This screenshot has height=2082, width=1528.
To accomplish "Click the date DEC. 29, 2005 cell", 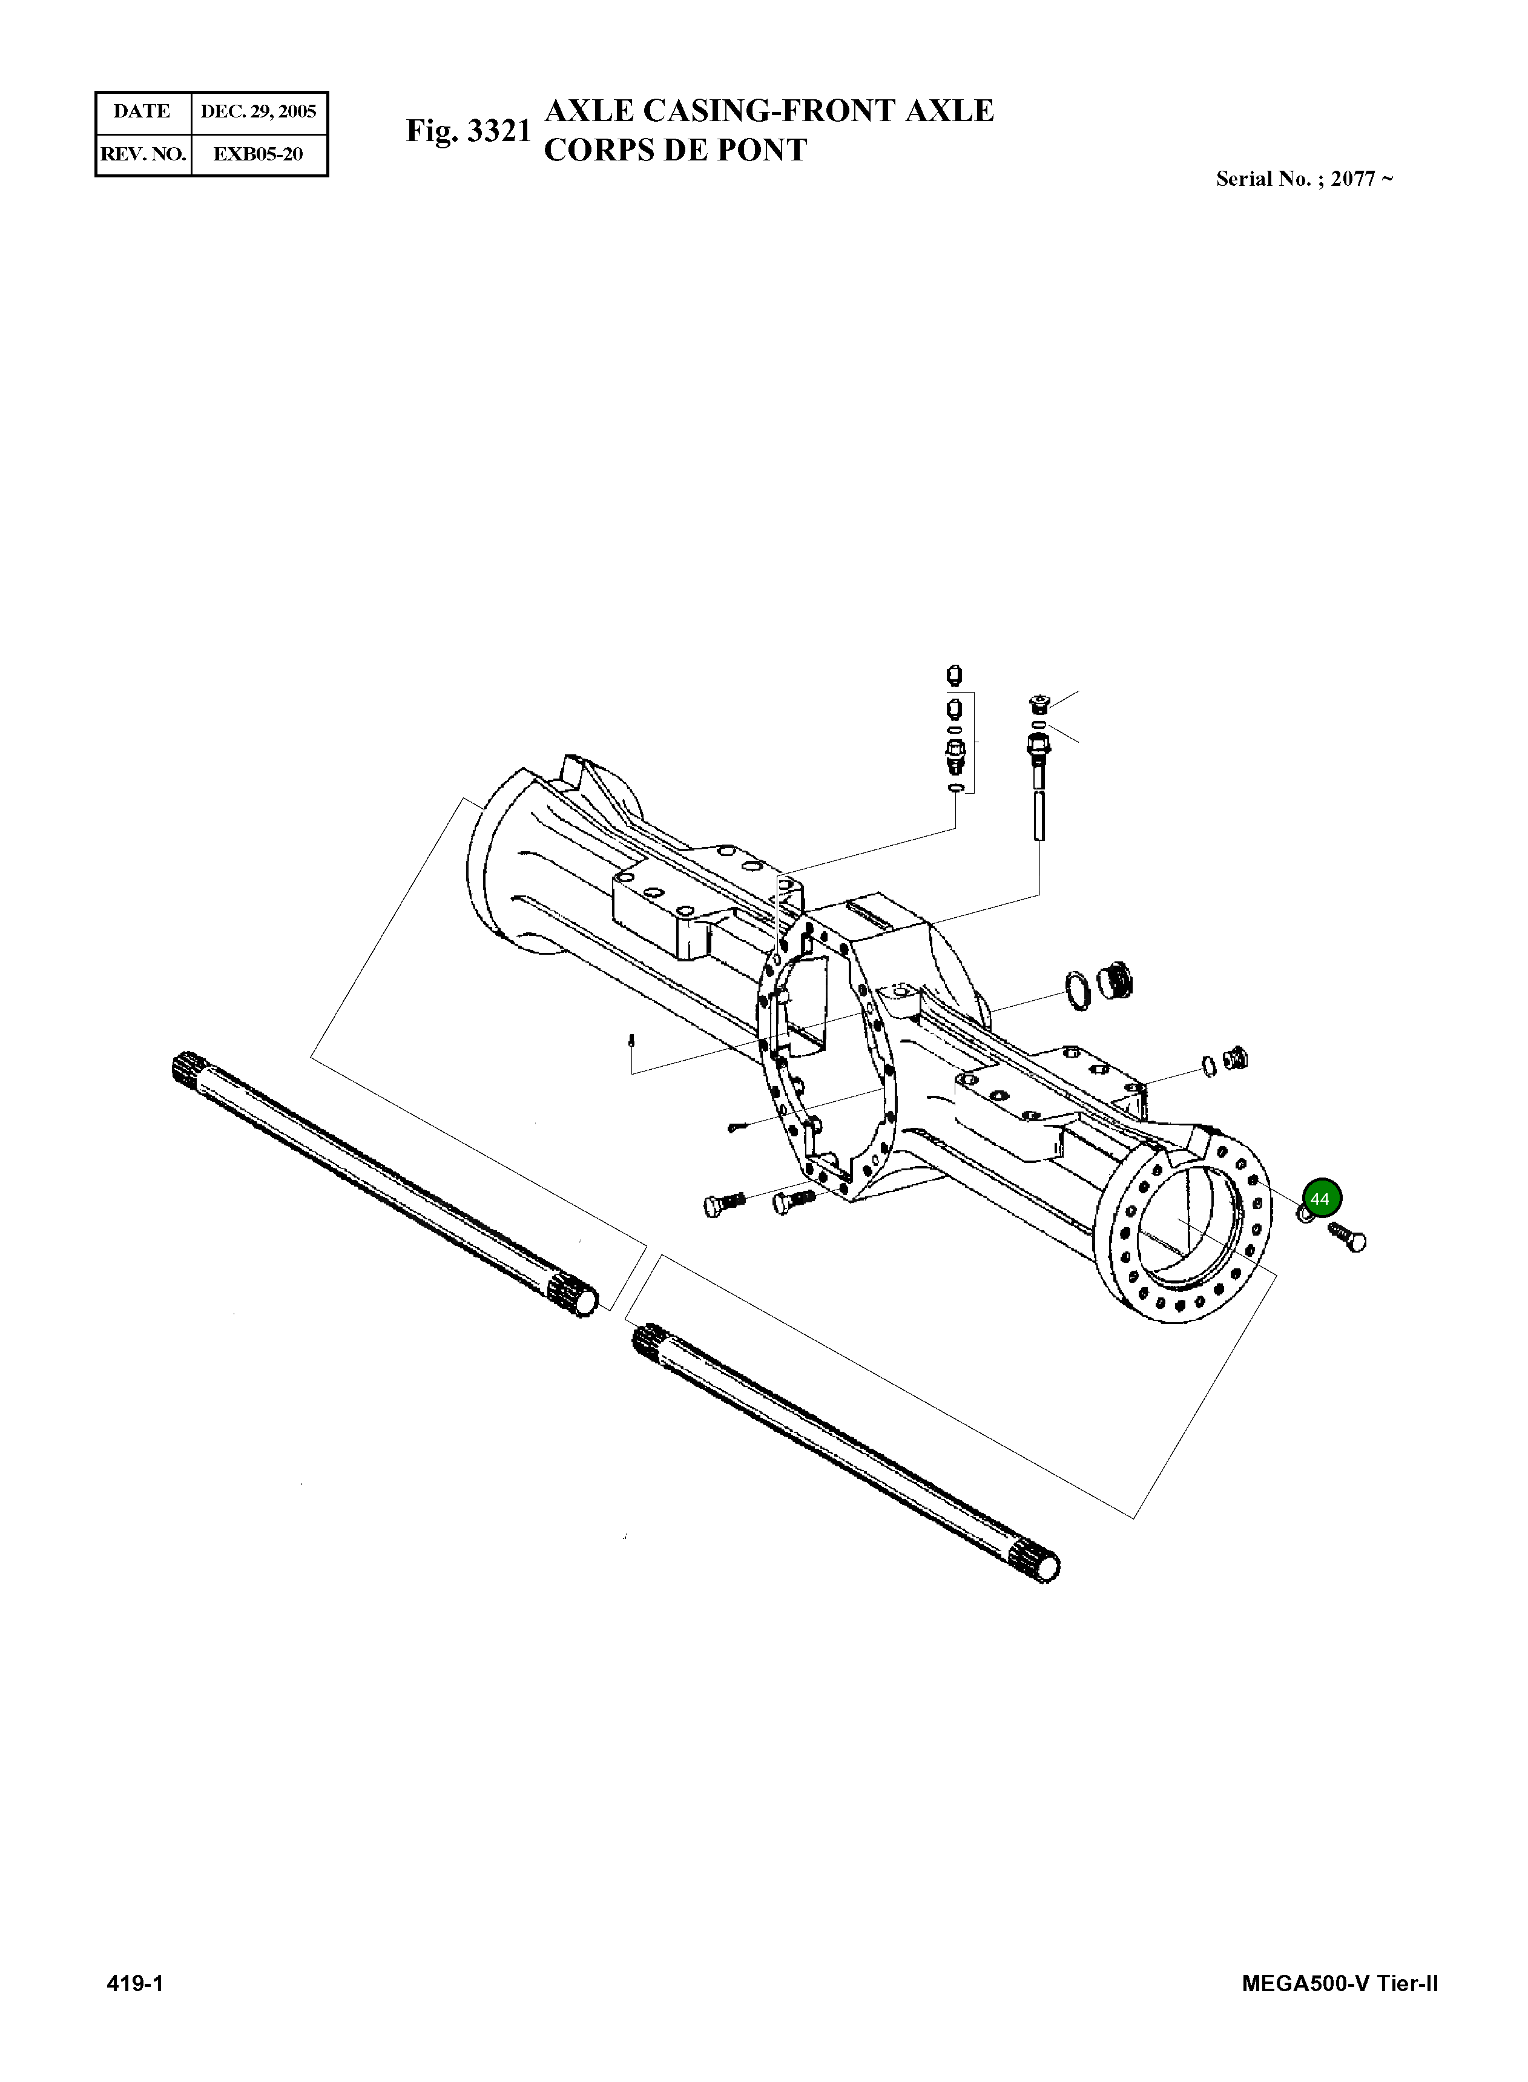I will [259, 112].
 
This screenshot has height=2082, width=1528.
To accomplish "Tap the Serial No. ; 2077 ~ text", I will [1304, 179].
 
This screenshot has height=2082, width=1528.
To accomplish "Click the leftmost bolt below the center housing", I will [722, 1204].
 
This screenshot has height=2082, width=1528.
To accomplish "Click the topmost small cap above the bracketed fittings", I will [955, 674].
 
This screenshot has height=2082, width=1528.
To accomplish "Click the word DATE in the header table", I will [142, 112].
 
